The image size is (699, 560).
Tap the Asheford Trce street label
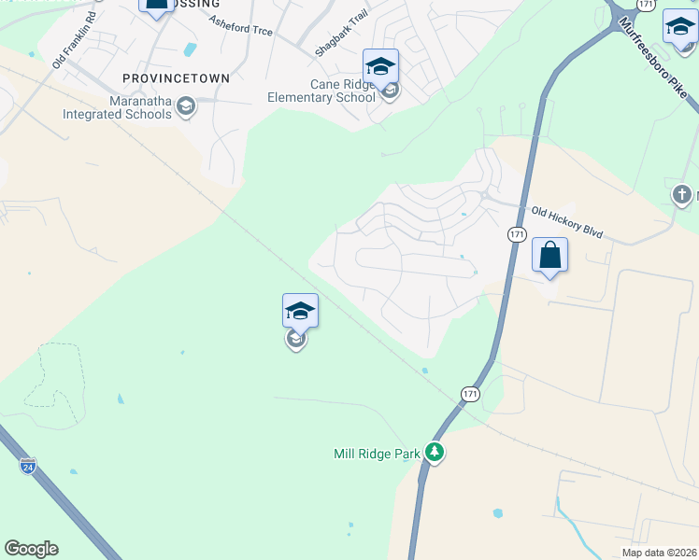(241, 26)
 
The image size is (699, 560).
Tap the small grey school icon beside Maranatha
(185, 106)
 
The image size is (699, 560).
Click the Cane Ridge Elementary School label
(321, 91)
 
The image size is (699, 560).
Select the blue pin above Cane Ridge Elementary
(380, 66)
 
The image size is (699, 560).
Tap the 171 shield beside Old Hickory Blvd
(516, 233)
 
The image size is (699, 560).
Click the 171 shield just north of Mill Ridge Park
(470, 395)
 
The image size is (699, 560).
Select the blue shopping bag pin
(549, 255)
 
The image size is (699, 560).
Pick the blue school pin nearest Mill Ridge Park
(300, 311)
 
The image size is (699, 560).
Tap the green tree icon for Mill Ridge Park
(434, 453)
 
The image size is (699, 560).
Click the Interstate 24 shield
(28, 464)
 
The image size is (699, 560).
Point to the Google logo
(31, 549)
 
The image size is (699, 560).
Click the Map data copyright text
(659, 553)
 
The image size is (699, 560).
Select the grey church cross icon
(681, 194)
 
